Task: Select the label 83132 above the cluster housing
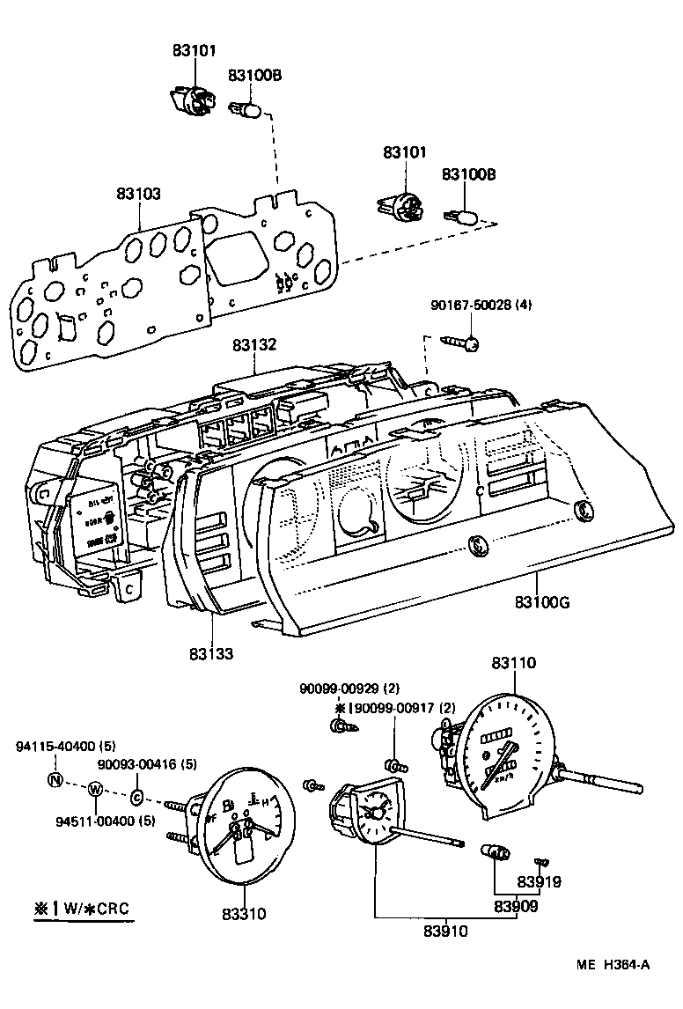coord(254,346)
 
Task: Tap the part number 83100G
coord(542,602)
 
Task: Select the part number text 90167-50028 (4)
coord(481,305)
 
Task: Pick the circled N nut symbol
coord(55,778)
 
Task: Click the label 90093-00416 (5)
coord(146,764)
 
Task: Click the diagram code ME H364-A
coord(613,965)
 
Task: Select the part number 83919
coord(539,882)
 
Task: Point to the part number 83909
coord(516,905)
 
